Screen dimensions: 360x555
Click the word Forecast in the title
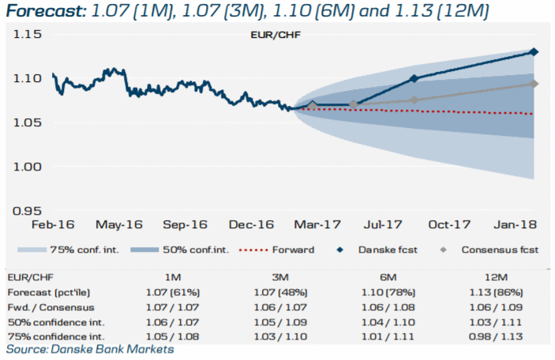tap(44, 11)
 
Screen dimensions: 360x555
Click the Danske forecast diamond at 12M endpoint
tap(534, 52)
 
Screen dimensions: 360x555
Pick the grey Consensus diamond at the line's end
tap(534, 83)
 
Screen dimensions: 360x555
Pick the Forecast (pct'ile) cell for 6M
tap(387, 292)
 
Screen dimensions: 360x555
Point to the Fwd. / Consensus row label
tap(51, 307)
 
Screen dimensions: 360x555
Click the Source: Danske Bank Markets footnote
tap(90, 349)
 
